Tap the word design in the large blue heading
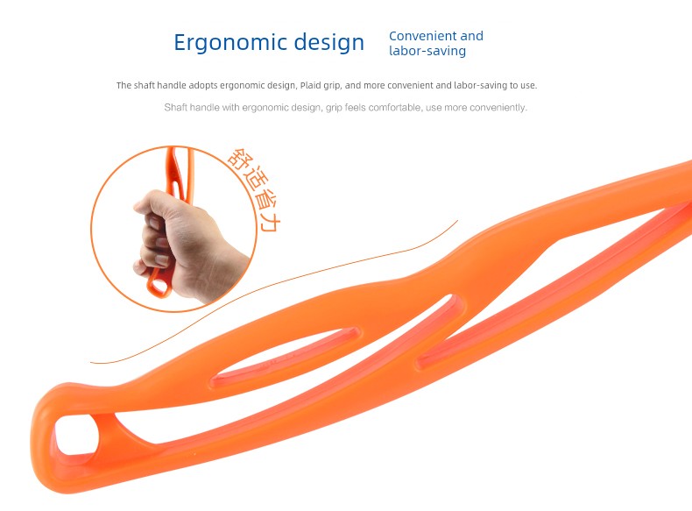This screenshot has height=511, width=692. (x=329, y=43)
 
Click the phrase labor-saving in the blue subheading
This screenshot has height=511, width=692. (x=427, y=51)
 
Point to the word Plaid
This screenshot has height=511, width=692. (x=311, y=85)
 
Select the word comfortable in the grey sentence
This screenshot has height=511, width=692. (x=394, y=107)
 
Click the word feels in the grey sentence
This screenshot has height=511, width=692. (x=356, y=107)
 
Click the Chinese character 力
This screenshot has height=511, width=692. (x=269, y=222)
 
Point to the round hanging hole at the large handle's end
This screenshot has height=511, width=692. (x=75, y=435)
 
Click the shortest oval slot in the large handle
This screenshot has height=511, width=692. (x=285, y=356)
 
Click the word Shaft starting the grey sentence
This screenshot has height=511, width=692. (x=175, y=107)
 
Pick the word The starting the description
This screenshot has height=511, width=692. (x=124, y=85)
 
